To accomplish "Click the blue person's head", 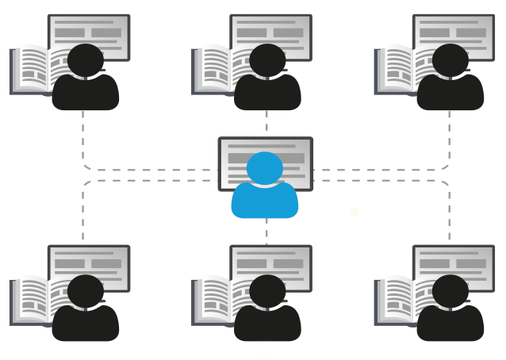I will coord(265,168).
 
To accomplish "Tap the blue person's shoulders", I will coord(265,201).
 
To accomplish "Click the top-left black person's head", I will coord(86,60).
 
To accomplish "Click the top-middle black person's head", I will coord(267,60).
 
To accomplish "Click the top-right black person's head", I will coord(450,60).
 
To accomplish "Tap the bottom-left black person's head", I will coord(86,291).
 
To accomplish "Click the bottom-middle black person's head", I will coord(267,291).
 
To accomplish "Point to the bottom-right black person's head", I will coord(450,291).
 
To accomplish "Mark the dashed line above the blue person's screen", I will coord(266,123).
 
